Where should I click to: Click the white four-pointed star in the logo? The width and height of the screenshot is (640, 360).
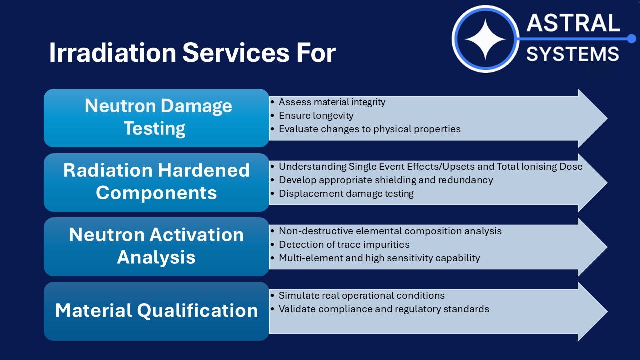point(485,39)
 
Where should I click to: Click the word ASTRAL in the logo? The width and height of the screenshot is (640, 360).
point(573,23)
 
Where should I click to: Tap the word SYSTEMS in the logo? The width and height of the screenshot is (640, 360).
point(572,54)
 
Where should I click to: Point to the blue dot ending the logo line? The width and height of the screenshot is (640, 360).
point(631,39)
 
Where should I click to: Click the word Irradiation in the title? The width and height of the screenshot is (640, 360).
point(113,52)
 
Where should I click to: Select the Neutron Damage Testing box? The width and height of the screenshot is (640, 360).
point(156,118)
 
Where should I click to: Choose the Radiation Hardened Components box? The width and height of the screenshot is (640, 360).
point(156,182)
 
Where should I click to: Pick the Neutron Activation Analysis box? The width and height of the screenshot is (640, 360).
point(156,247)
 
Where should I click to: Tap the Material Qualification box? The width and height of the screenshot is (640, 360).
point(156,311)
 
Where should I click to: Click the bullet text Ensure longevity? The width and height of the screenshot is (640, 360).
point(316,116)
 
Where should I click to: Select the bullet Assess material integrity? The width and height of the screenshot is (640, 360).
point(332,102)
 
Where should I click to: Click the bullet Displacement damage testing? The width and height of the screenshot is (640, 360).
point(346,194)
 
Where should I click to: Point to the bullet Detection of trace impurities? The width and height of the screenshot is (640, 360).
point(344,245)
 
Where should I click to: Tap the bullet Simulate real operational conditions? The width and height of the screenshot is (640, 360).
point(361,295)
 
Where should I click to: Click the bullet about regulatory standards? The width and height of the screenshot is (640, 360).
point(384,309)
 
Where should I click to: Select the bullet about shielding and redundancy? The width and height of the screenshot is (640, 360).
point(386,180)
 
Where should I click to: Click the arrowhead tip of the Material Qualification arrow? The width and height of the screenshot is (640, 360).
point(607,311)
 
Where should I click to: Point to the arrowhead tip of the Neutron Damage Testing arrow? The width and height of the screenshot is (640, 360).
point(607,118)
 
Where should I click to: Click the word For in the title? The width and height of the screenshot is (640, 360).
point(316,52)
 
